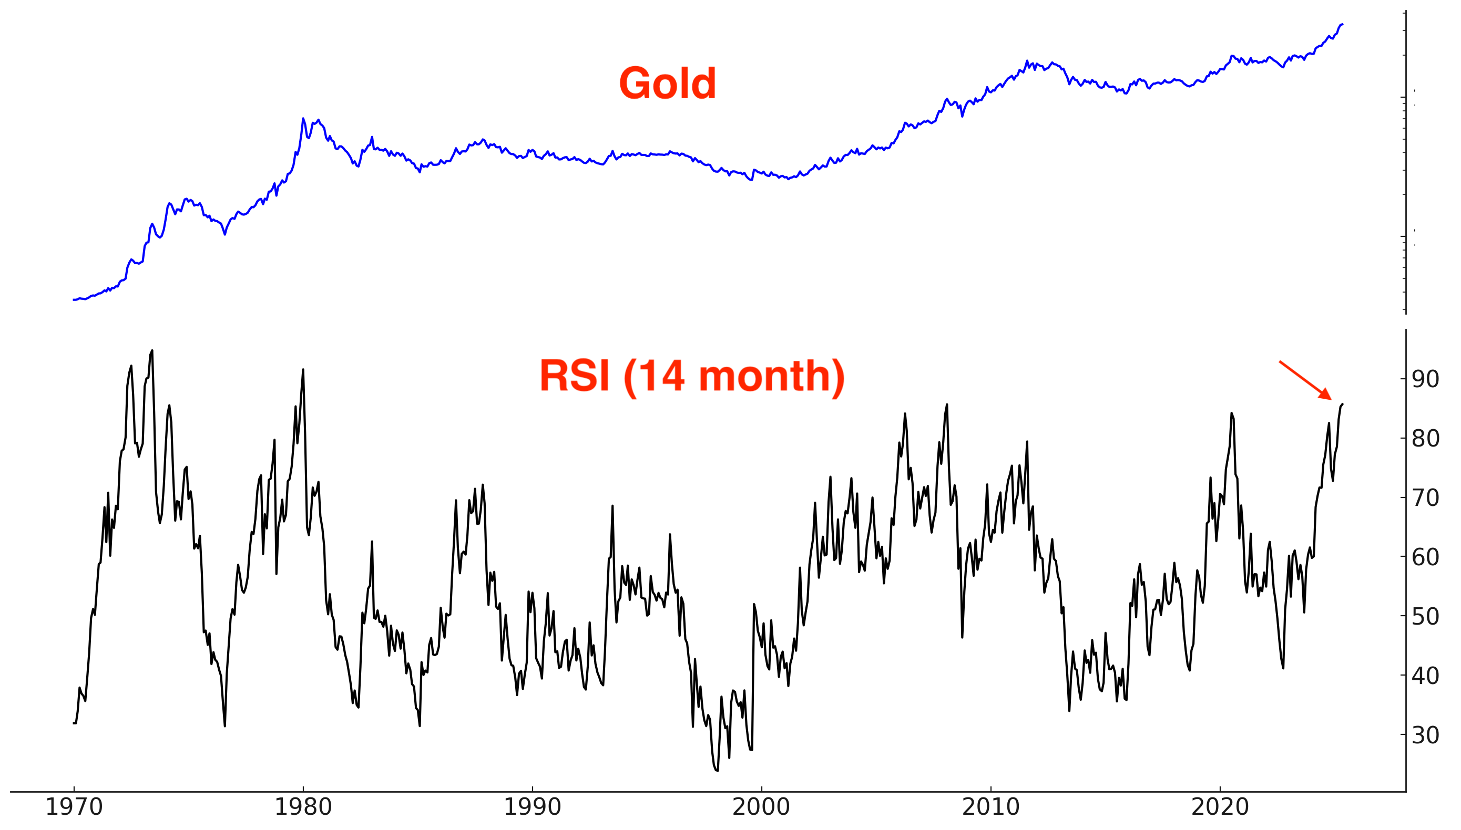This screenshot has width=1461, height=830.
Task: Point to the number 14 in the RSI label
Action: pos(663,376)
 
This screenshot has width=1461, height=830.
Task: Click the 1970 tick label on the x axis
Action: pos(74,808)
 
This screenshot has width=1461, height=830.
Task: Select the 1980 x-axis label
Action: pos(303,808)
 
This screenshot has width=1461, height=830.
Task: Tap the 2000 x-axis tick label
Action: pos(761,808)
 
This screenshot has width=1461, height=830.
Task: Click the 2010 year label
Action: pos(991,808)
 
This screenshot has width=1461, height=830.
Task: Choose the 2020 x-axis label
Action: pos(1220,808)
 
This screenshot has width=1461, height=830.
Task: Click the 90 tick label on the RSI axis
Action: pos(1425,379)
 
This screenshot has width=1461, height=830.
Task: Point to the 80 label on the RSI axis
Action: pos(1425,438)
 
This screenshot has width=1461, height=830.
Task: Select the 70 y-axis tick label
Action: pos(1425,497)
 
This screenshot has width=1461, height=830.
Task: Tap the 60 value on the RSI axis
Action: pos(1425,557)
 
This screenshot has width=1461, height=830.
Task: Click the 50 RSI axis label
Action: pos(1425,616)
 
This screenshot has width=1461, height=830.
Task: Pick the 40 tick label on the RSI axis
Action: pos(1425,676)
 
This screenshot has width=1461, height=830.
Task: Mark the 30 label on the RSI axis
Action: pos(1425,735)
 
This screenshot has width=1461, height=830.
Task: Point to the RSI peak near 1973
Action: pos(152,351)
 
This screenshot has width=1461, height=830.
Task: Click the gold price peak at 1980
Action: pos(303,119)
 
